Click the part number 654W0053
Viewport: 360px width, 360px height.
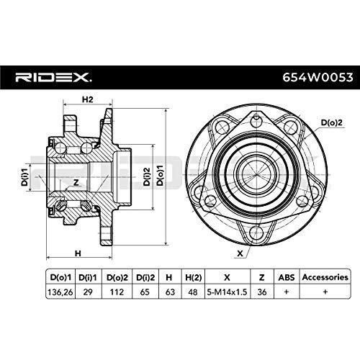[312, 77]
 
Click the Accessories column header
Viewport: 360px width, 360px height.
[325, 276]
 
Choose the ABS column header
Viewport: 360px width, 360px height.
[287, 276]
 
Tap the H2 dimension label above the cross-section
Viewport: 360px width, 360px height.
[87, 100]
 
